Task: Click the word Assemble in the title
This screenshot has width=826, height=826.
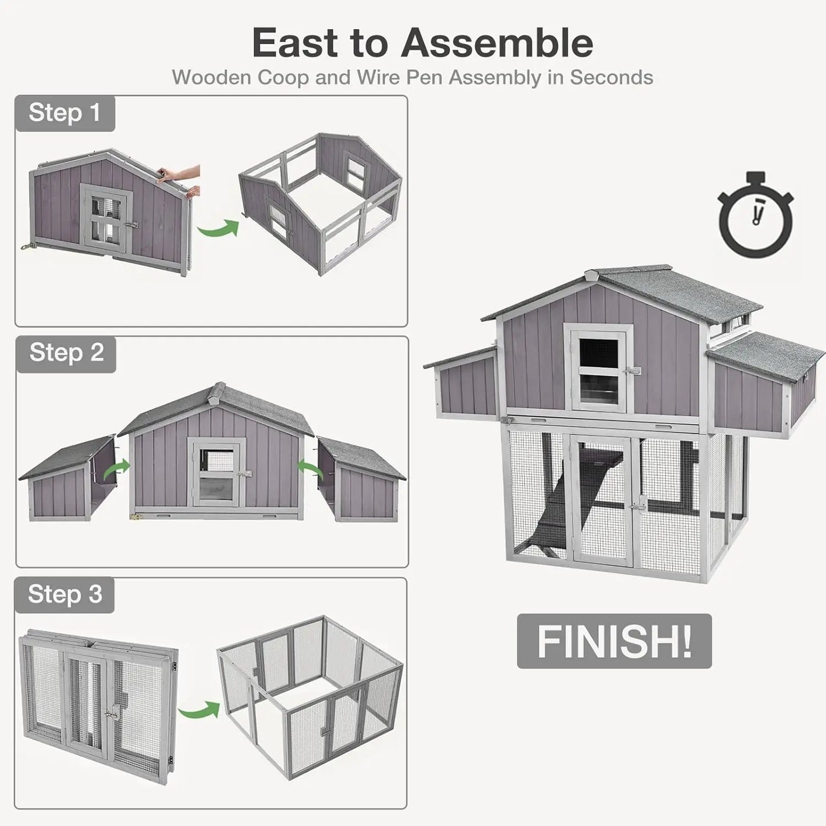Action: point(497,43)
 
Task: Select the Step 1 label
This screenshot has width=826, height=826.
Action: point(65,113)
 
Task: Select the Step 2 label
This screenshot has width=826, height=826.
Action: point(66,353)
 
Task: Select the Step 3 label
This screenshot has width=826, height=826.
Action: point(65,594)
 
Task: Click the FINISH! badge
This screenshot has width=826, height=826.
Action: point(614,641)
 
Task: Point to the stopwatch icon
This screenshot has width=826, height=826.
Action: point(756,214)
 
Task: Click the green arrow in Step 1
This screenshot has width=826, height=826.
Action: point(217,229)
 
